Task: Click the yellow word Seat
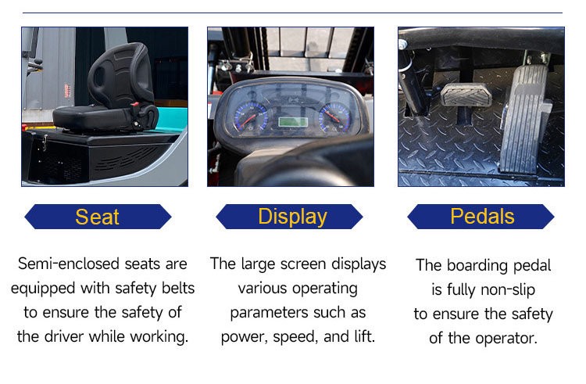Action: pyautogui.click(x=97, y=217)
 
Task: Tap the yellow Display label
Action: pyautogui.click(x=293, y=217)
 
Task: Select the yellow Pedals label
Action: pyautogui.click(x=482, y=216)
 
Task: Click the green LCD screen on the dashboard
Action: pyautogui.click(x=293, y=122)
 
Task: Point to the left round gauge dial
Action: pyautogui.click(x=251, y=117)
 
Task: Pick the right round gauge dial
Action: pyautogui.click(x=335, y=117)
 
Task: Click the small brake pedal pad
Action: pyautogui.click(x=466, y=94)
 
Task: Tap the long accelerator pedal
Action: pyautogui.click(x=523, y=120)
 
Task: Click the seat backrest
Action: pyautogui.click(x=120, y=75)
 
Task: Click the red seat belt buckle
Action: pyautogui.click(x=135, y=106)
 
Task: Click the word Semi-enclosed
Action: pyautogui.click(x=70, y=264)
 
